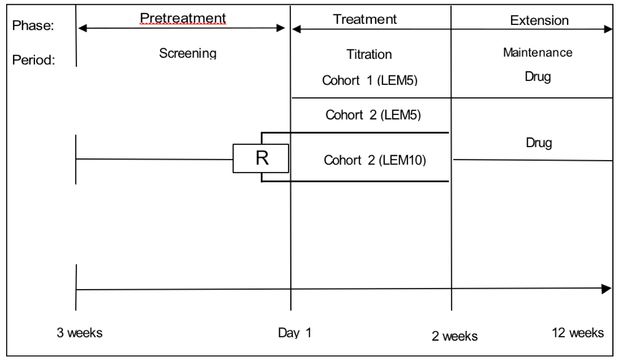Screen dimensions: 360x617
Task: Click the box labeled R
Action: tap(261, 158)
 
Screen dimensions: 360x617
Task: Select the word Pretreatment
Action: tap(183, 18)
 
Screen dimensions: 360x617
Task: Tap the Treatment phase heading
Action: tap(365, 19)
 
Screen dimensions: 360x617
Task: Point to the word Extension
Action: tap(539, 20)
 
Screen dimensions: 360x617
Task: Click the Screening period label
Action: tap(188, 53)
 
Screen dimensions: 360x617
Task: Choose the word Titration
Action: tap(369, 54)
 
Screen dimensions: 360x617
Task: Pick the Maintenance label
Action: tap(538, 52)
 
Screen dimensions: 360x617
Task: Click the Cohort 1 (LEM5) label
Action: tap(369, 80)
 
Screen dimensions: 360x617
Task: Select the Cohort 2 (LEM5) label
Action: tap(373, 115)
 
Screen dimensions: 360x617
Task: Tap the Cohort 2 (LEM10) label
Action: tap(375, 160)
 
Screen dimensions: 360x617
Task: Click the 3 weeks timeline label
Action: tap(79, 333)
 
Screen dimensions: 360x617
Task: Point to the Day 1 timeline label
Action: tap(294, 333)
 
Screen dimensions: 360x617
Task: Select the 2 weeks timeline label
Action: tap(454, 336)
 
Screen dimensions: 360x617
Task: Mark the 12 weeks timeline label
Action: tap(577, 333)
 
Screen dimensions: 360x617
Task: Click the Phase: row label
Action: tap(33, 25)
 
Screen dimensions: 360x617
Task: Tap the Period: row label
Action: tap(33, 60)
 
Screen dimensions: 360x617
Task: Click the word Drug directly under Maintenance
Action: tap(538, 76)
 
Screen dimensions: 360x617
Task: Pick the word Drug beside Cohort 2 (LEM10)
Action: tap(539, 143)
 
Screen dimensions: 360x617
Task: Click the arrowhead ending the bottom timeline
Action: tap(607, 289)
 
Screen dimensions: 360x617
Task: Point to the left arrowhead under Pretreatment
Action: tap(82, 28)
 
